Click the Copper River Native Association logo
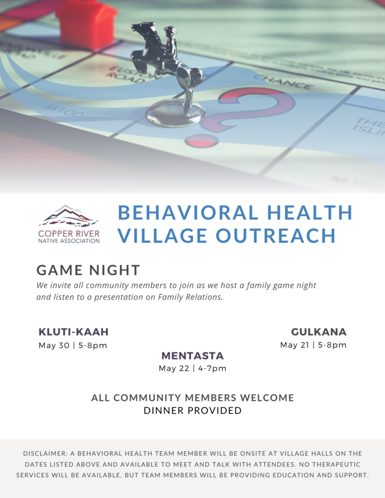(x=69, y=224)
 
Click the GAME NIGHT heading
(x=88, y=270)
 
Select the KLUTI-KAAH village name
(x=73, y=332)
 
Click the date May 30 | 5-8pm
(x=73, y=346)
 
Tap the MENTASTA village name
(x=192, y=356)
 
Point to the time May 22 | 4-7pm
(x=192, y=369)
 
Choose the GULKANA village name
(x=319, y=332)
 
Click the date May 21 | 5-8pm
(x=313, y=345)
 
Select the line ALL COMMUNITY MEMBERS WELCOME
(x=192, y=398)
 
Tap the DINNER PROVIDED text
(x=192, y=410)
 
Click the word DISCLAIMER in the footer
(x=46, y=453)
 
